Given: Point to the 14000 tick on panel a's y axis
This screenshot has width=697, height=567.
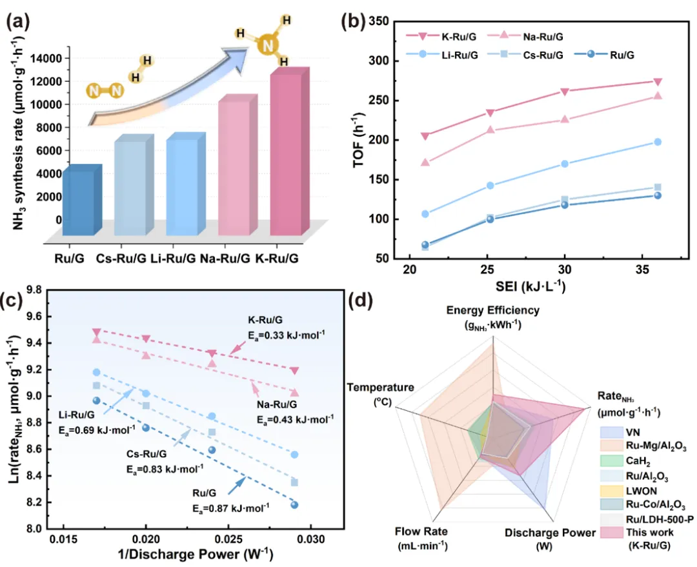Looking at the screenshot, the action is pos(46,58).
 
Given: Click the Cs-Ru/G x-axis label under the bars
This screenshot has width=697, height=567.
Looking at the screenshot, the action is pos(121,258).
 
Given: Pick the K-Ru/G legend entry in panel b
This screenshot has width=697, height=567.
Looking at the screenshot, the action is pos(441,36).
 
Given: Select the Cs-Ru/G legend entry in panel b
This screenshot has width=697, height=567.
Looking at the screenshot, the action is pos(525,55).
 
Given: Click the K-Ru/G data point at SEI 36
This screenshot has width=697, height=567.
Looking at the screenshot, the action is pos(658,82).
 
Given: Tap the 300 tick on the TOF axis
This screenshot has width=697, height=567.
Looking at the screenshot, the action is pos(378,61).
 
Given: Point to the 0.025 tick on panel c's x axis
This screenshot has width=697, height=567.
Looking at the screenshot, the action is pos(228,539).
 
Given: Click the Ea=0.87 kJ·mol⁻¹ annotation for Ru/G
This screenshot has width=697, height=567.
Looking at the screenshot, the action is pos(230,508).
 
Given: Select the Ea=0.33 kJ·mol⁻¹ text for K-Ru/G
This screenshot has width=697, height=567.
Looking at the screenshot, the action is pos(287,335).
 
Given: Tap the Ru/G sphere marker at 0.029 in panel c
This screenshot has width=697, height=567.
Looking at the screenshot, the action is pos(294,505).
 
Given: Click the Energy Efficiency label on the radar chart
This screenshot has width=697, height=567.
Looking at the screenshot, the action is pos(493,310).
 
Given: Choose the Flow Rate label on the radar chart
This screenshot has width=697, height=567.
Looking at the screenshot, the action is pos(421,531).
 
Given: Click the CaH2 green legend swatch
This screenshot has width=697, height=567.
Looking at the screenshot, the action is pos(611,461).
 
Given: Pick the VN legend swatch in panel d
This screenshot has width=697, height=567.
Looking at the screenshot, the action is pos(611,432).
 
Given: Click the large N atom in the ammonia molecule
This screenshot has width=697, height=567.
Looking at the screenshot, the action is pos(268,45).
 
